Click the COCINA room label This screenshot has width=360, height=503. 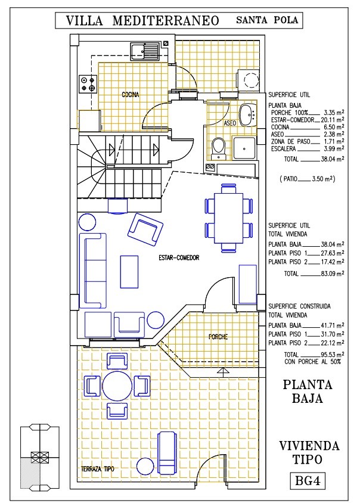(x=131, y=94)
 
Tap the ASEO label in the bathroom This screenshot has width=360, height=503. (x=230, y=123)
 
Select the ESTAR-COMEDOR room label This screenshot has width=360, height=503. (x=179, y=257)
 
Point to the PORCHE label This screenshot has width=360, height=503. (x=218, y=337)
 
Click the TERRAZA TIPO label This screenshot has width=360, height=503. (x=98, y=468)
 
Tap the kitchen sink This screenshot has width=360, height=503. (x=145, y=52)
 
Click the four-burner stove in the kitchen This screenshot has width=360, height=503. (x=88, y=84)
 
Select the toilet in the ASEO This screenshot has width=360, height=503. (x=219, y=148)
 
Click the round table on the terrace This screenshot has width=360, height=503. (x=117, y=386)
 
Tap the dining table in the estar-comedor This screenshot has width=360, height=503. (x=229, y=218)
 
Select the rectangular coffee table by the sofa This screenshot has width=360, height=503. (x=129, y=271)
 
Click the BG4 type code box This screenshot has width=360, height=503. (x=308, y=480)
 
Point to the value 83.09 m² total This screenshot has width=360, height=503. (x=333, y=274)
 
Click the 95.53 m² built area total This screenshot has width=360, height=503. (x=333, y=355)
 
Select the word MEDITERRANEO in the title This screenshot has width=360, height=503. (x=166, y=21)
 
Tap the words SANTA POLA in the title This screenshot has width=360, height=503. (x=267, y=20)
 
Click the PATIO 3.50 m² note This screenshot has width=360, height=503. (x=308, y=179)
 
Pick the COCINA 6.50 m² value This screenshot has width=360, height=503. (x=334, y=128)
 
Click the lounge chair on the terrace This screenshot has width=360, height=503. (x=167, y=454)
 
